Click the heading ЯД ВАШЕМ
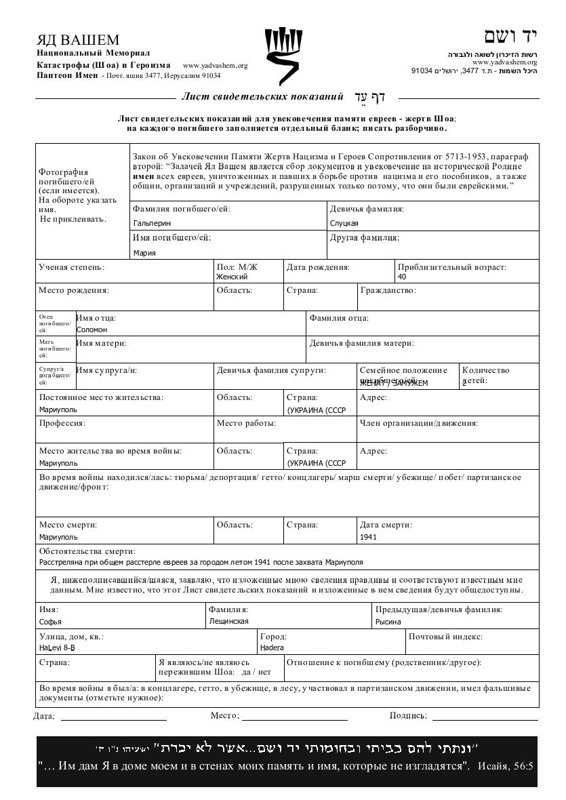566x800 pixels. click(x=78, y=40)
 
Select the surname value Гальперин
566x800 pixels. click(x=153, y=223)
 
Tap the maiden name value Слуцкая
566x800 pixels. click(x=344, y=223)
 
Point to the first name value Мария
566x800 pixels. click(x=144, y=253)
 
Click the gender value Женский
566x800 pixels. click(x=232, y=277)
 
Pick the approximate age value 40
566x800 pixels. click(x=402, y=277)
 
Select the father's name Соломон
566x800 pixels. click(x=92, y=329)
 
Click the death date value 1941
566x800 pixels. click(x=369, y=537)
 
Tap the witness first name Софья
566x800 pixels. click(x=50, y=622)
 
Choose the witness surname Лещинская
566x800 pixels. click(x=228, y=621)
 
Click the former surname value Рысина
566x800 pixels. click(x=388, y=622)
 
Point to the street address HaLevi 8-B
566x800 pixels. click(x=57, y=647)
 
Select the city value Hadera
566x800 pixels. click(x=272, y=647)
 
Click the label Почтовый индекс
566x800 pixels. click(x=445, y=637)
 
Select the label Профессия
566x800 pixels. click(x=62, y=423)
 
